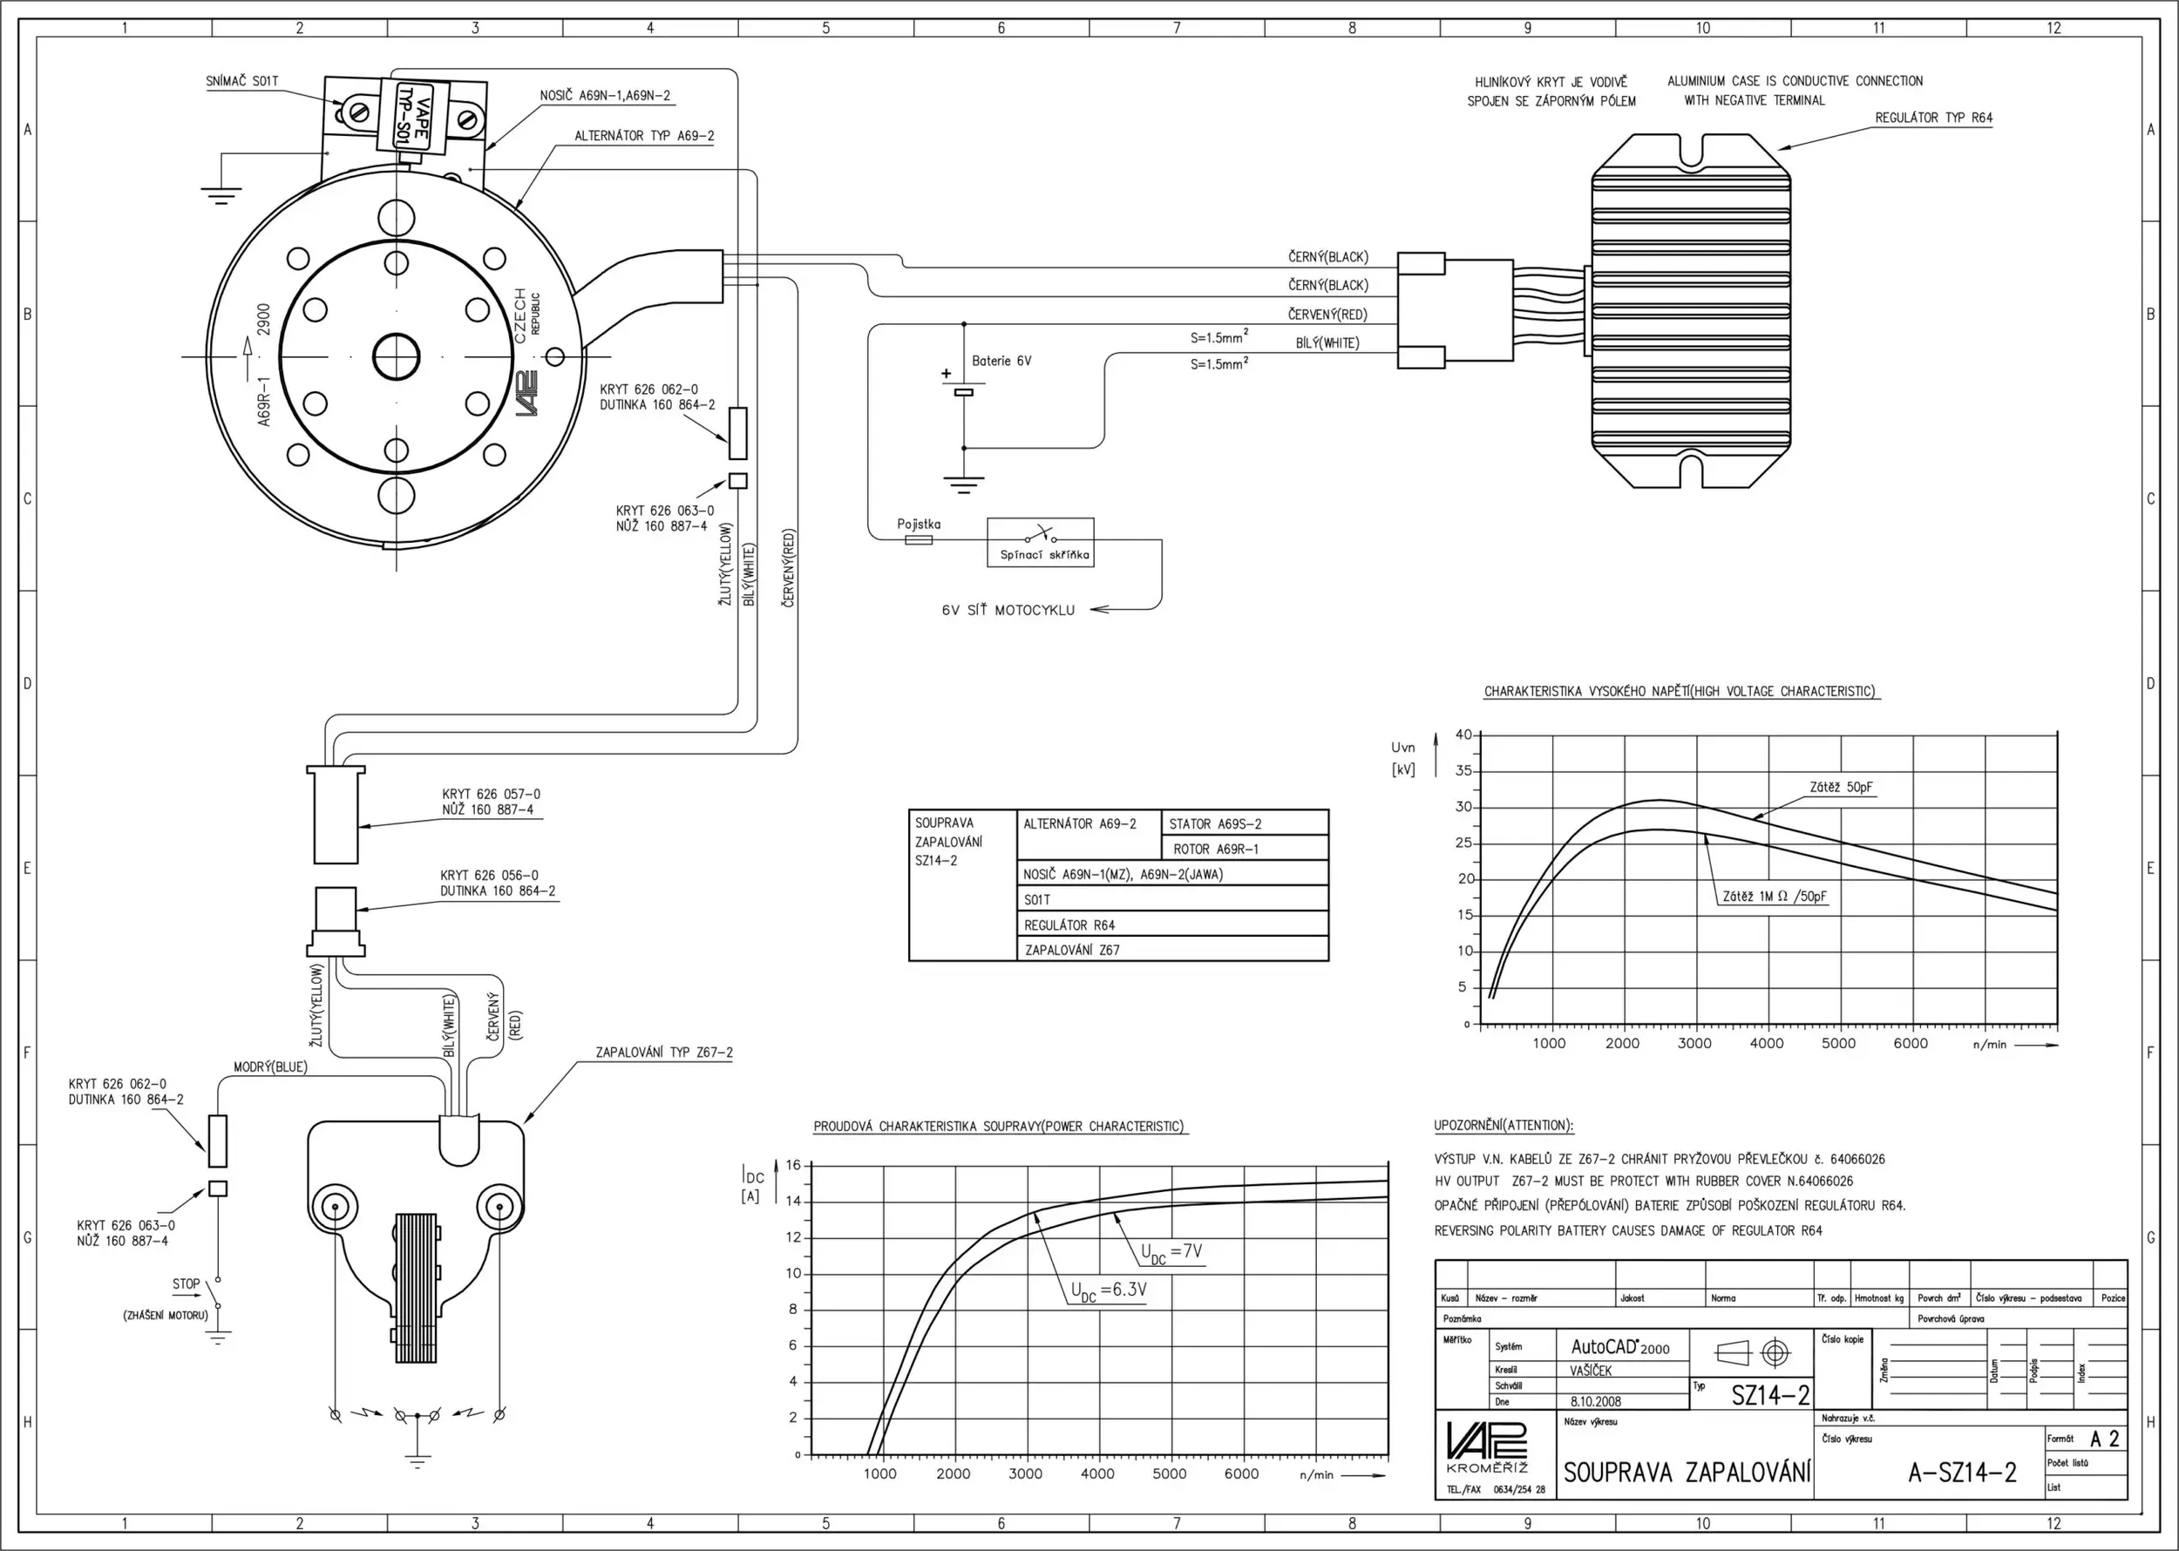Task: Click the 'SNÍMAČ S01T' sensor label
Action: pyautogui.click(x=242, y=81)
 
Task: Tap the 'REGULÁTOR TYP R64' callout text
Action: pyautogui.click(x=1933, y=118)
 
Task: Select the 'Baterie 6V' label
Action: pyautogui.click(x=1001, y=361)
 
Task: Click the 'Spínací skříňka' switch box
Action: pyautogui.click(x=1041, y=543)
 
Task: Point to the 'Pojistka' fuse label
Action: pyautogui.click(x=919, y=525)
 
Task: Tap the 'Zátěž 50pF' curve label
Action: pyautogui.click(x=1841, y=788)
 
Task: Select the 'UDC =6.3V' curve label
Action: pyautogui.click(x=1108, y=1291)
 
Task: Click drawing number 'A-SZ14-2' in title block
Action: pyautogui.click(x=1962, y=1472)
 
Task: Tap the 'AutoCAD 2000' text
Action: pyautogui.click(x=1620, y=1346)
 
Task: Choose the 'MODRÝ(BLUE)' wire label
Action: pyautogui.click(x=270, y=1067)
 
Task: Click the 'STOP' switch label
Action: pyautogui.click(x=187, y=1283)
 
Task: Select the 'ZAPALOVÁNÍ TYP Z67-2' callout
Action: pyautogui.click(x=664, y=1053)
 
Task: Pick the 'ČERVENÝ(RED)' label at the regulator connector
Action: pyautogui.click(x=1327, y=315)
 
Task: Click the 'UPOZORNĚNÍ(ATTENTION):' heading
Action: pyautogui.click(x=1504, y=1125)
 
